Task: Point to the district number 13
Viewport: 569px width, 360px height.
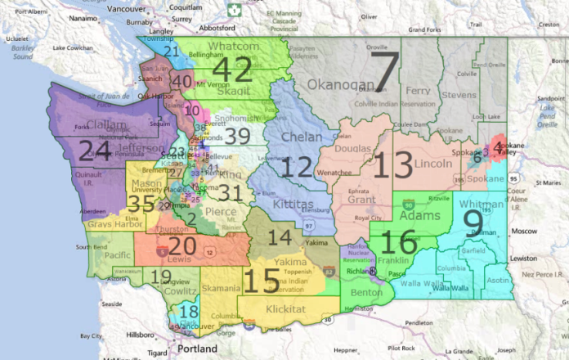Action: coord(393,164)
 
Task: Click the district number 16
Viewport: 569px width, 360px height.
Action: coord(399,241)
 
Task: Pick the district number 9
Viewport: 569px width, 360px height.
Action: coord(473,223)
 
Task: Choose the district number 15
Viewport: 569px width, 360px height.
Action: coord(261,281)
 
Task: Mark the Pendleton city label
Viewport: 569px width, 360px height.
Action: coord(419,323)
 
